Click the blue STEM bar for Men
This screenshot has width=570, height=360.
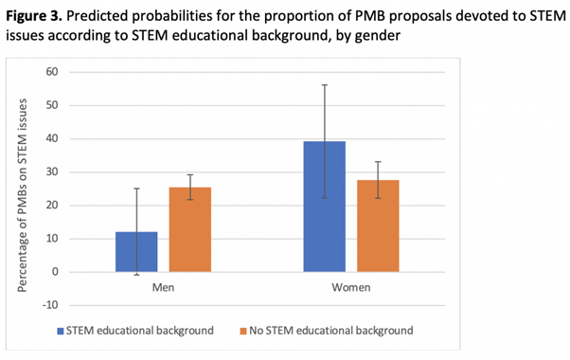pos(136,251)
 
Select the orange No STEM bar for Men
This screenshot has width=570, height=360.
pos(189,229)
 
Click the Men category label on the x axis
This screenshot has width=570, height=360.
pos(163,287)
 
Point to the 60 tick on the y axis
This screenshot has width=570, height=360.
pos(52,72)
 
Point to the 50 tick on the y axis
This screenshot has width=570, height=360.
pos(52,105)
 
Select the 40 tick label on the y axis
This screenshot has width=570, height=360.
pos(52,138)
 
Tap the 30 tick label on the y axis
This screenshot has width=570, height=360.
pos(52,171)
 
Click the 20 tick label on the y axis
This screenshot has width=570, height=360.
pos(52,205)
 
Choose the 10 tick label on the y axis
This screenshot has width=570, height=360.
pos(52,238)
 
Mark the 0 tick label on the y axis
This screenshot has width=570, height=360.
pos(55,272)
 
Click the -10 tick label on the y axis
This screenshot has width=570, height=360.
pos(50,305)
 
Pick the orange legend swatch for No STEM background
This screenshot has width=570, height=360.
pos(243,331)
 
